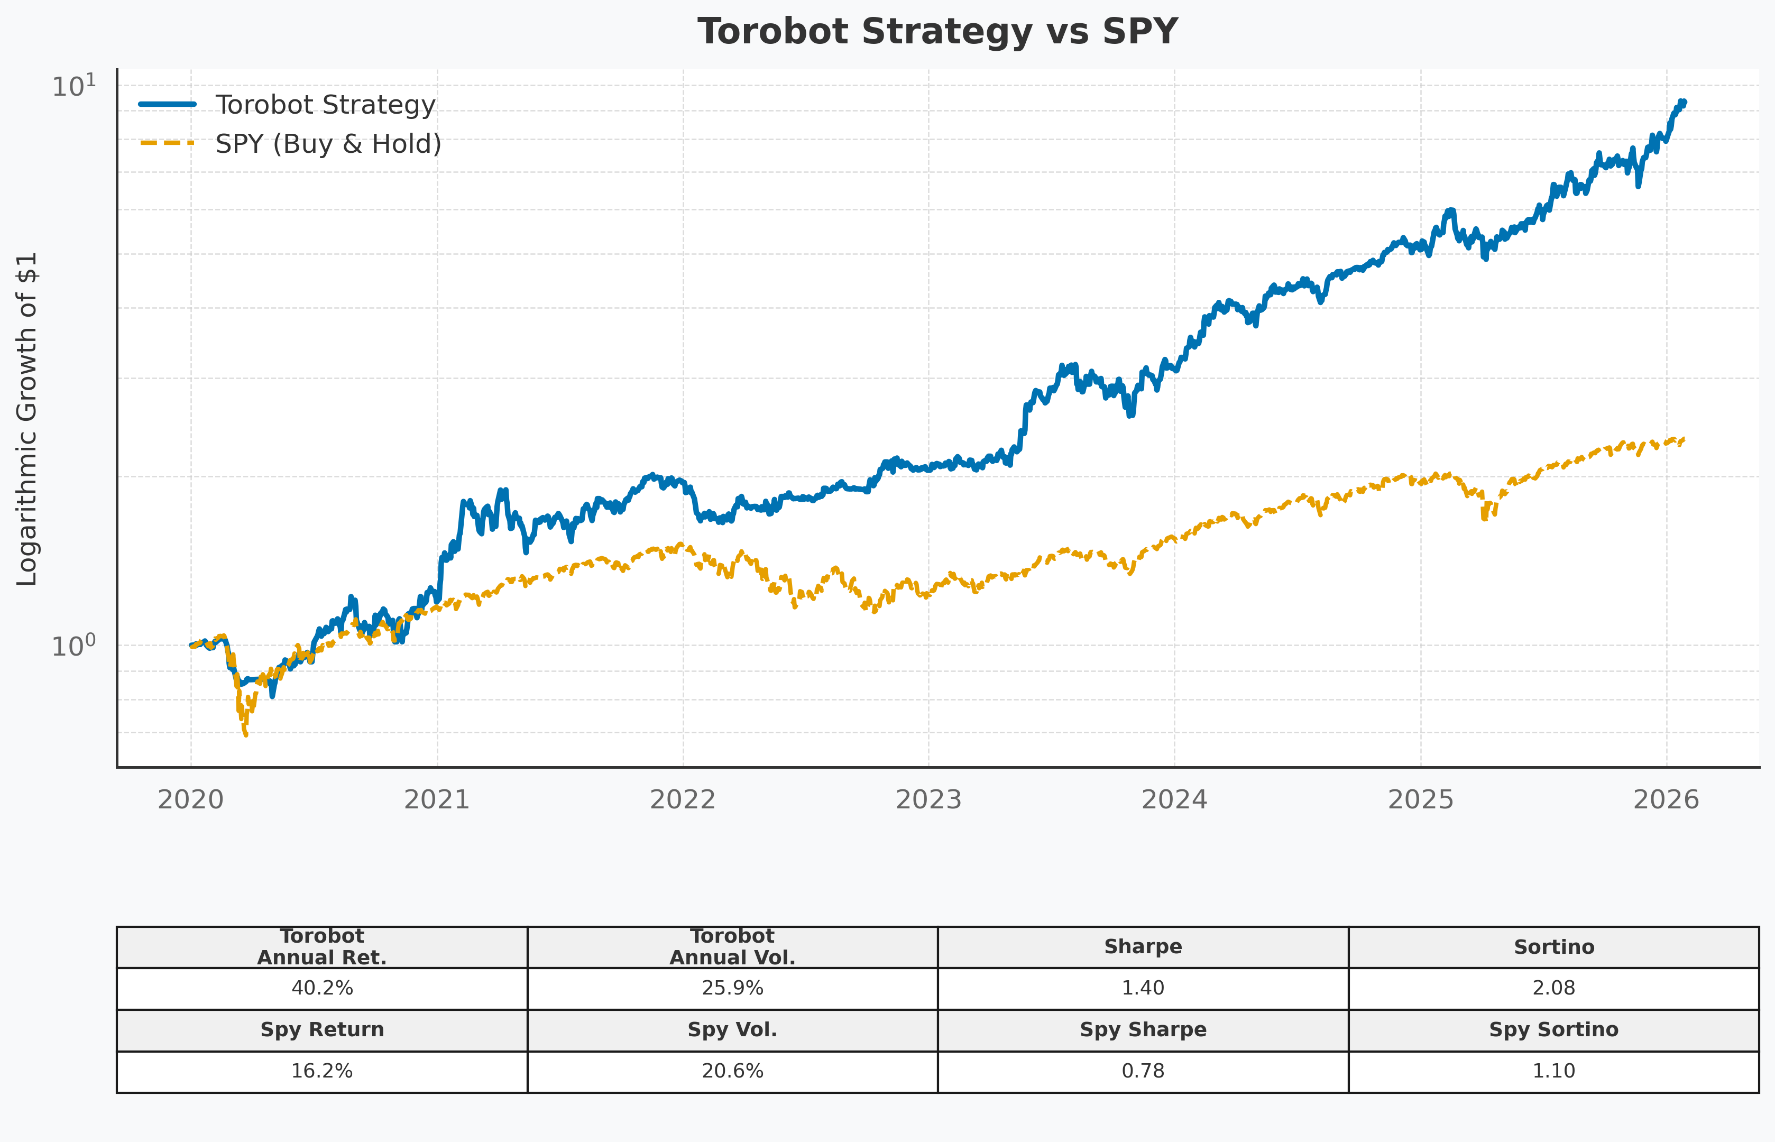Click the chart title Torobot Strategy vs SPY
pyautogui.click(x=937, y=32)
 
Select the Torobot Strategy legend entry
pyautogui.click(x=324, y=105)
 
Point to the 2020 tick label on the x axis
pyautogui.click(x=190, y=800)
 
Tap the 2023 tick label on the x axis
pyautogui.click(x=928, y=800)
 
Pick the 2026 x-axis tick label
pyautogui.click(x=1666, y=800)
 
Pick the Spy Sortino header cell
pyautogui.click(x=1553, y=1030)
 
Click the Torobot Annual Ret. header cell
pyautogui.click(x=322, y=947)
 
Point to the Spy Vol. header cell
pyautogui.click(x=732, y=1030)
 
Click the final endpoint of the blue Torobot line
pyautogui.click(x=1684, y=102)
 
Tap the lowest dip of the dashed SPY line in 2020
pyautogui.click(x=245, y=735)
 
